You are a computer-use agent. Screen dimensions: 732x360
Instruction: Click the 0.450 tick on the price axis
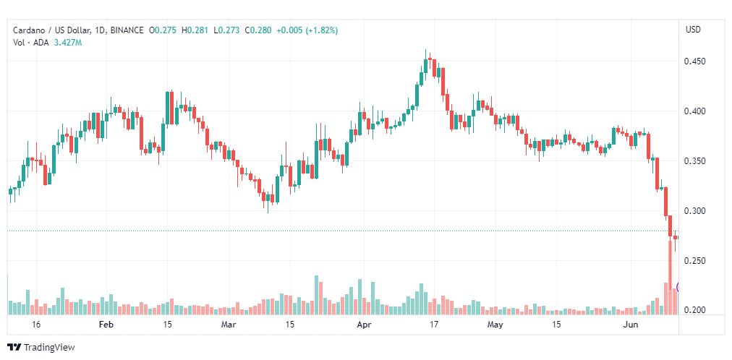(x=695, y=61)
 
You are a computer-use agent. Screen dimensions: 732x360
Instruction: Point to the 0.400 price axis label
(x=695, y=111)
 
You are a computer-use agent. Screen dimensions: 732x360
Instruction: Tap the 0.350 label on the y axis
(x=695, y=161)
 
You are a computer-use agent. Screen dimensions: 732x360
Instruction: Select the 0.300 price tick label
(x=695, y=211)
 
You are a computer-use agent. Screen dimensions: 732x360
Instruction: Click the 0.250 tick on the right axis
(x=695, y=261)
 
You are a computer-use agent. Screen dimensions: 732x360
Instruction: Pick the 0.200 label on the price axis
(x=695, y=311)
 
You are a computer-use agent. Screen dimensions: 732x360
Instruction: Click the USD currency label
(x=693, y=30)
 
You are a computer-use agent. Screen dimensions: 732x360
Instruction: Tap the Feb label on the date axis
(x=107, y=325)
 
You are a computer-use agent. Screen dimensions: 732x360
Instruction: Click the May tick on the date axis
(x=495, y=325)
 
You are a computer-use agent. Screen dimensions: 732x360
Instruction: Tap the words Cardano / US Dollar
(x=52, y=30)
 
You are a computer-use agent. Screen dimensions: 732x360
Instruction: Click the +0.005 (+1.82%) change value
(x=307, y=30)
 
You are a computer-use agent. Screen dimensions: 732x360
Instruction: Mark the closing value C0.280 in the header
(x=258, y=30)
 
